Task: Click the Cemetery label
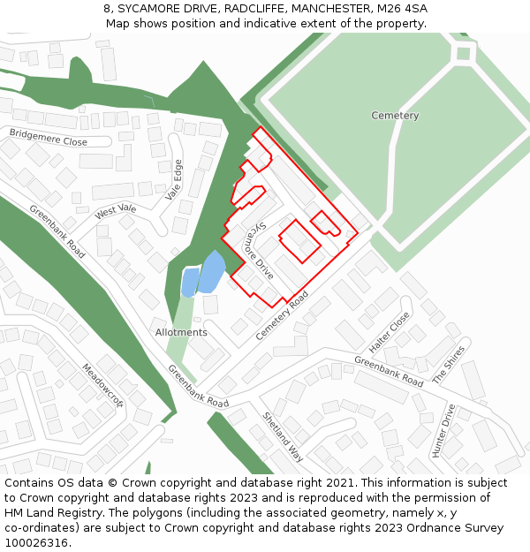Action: [x=395, y=116]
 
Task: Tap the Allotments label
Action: [x=181, y=332]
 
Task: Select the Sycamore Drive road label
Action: [x=259, y=251]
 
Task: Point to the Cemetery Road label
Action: [x=283, y=315]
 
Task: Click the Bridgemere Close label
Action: [x=49, y=136]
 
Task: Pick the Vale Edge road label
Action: [x=175, y=180]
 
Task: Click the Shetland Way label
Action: [x=283, y=436]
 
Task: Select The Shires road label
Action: [x=448, y=364]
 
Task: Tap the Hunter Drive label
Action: [x=442, y=431]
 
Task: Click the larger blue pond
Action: [x=212, y=271]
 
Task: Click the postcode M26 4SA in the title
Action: [x=402, y=9]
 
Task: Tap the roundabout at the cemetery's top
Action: [x=463, y=54]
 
